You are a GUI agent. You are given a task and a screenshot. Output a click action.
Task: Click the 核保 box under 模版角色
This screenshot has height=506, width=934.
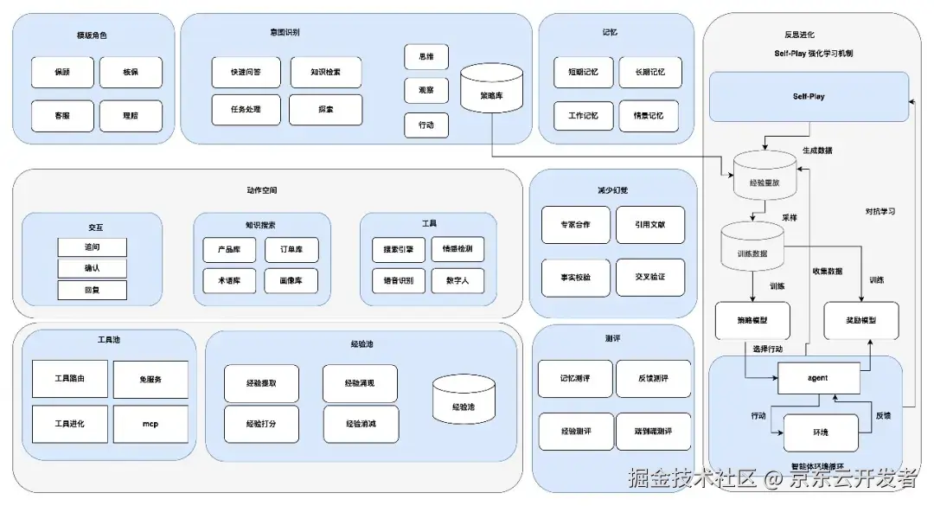click(x=131, y=73)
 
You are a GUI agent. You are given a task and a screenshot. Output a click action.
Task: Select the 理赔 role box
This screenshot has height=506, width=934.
click(x=131, y=116)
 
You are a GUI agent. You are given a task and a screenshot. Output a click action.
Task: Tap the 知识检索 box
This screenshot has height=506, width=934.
click(x=325, y=73)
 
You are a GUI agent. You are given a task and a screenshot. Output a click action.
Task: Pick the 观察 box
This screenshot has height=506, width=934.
click(x=426, y=90)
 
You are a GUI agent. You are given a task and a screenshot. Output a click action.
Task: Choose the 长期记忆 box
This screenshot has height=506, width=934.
click(x=649, y=73)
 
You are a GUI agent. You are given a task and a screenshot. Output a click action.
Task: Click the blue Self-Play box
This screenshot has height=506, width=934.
click(x=809, y=97)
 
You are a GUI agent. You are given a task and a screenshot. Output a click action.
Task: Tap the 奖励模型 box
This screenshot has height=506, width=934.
click(x=860, y=320)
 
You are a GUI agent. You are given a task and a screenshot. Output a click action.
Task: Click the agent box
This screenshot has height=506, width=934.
click(x=818, y=378)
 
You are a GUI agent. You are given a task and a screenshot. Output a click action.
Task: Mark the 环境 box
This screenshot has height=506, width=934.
click(x=820, y=432)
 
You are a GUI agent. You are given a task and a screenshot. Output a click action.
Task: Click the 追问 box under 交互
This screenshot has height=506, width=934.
click(x=93, y=247)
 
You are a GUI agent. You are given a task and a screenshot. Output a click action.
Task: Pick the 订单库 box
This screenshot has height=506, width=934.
click(x=291, y=250)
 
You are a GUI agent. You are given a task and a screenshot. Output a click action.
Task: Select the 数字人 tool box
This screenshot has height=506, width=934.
click(x=457, y=281)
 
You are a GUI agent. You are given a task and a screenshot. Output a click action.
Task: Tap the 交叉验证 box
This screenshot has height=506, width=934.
click(x=649, y=277)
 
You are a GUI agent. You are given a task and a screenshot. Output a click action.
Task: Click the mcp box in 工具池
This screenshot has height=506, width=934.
click(x=150, y=424)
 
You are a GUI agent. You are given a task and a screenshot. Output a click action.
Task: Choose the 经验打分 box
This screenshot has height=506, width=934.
click(x=261, y=424)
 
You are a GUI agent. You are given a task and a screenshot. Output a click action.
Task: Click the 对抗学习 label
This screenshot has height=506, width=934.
click(x=880, y=211)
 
